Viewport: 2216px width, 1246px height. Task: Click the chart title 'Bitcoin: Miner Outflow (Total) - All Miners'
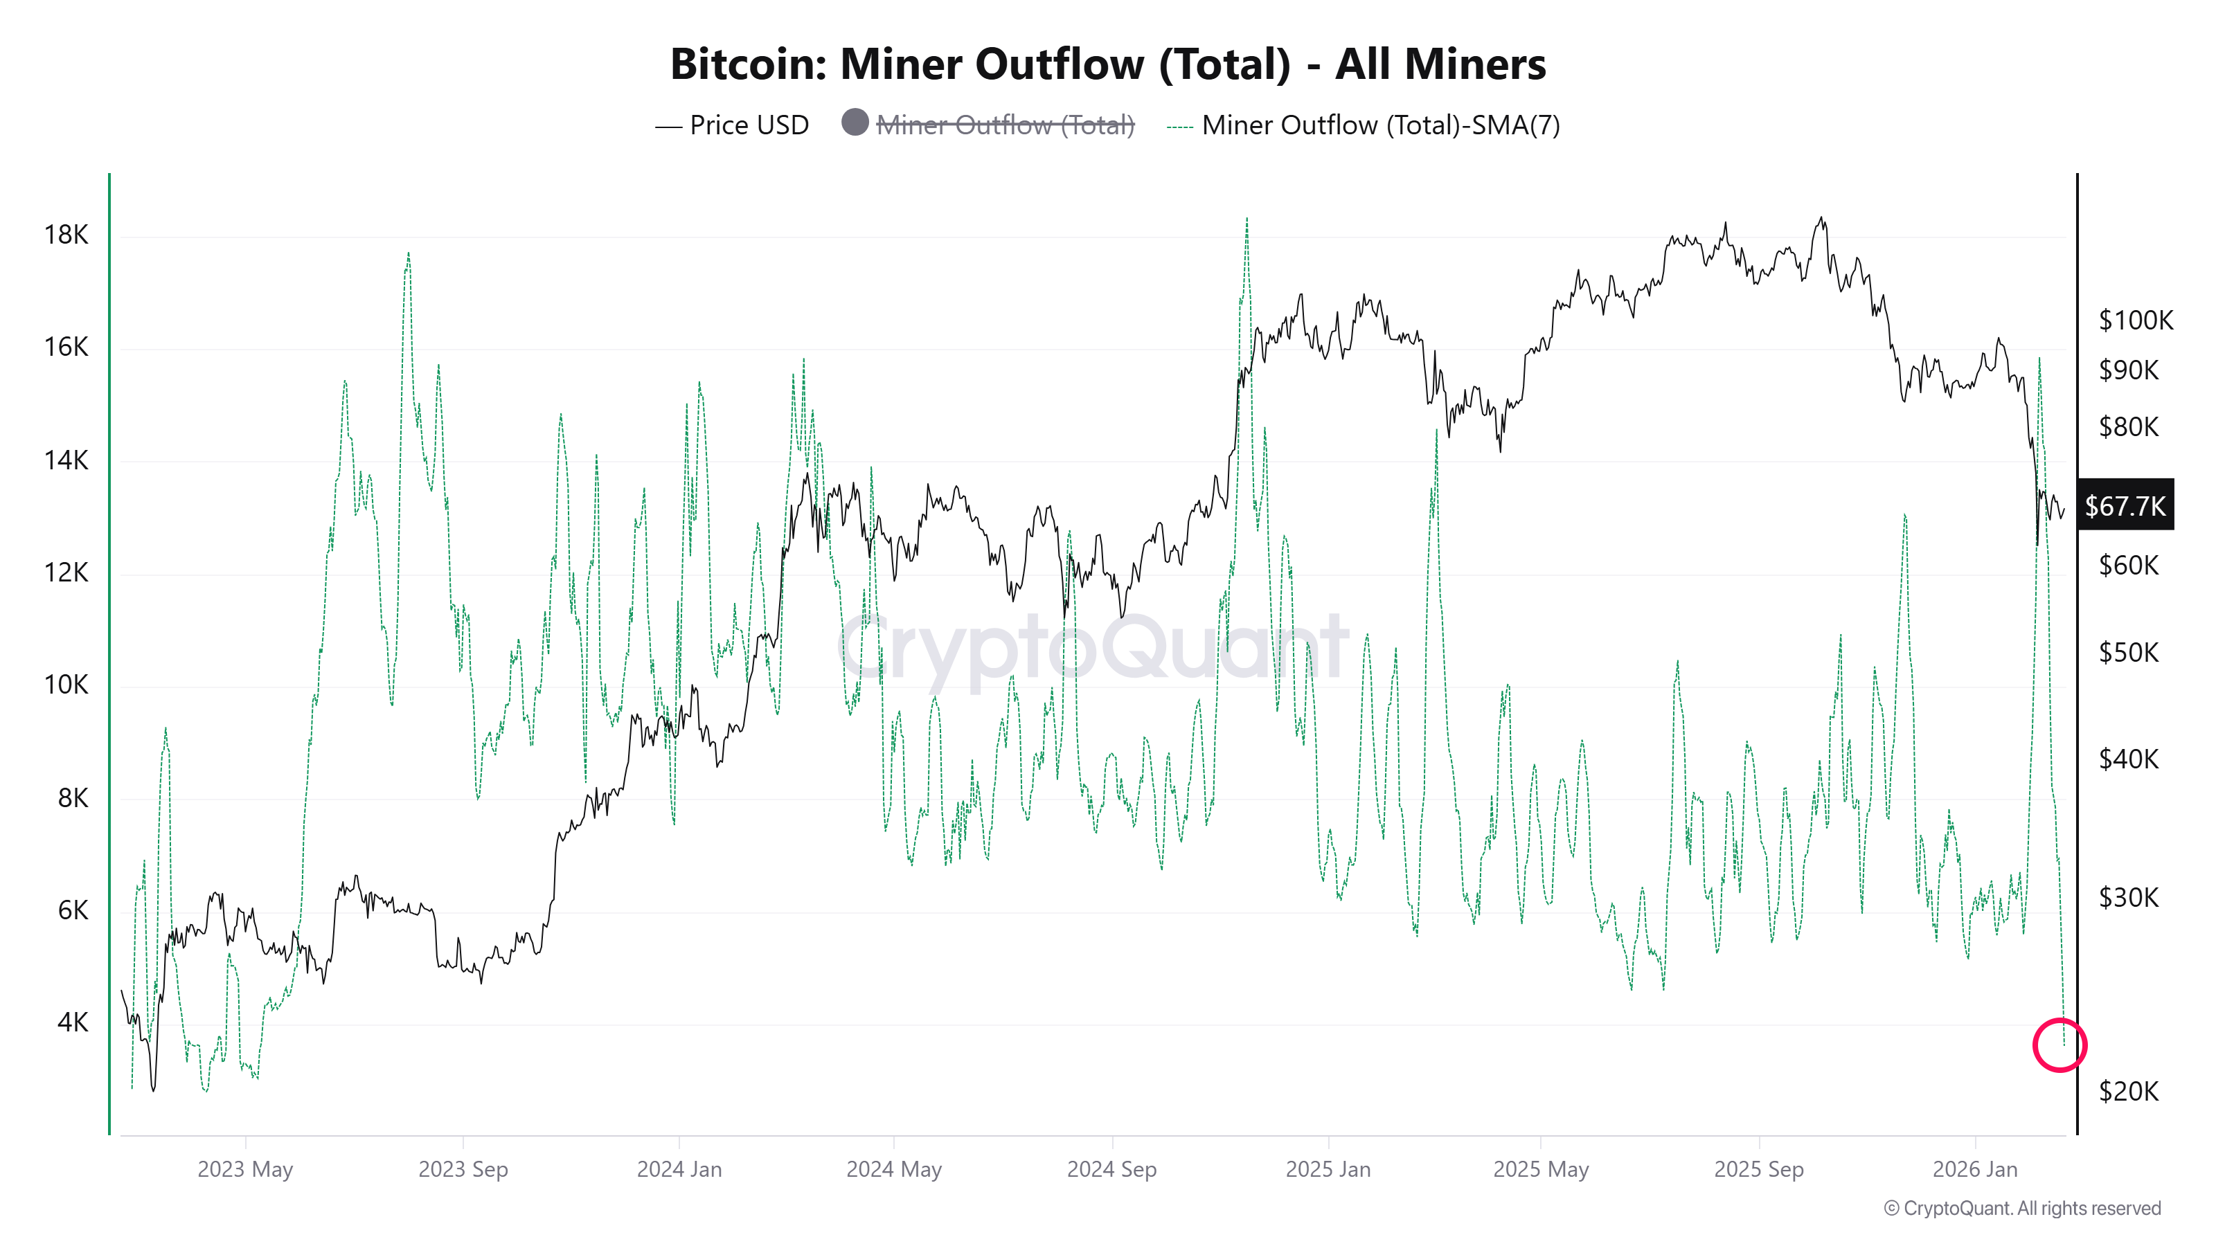(1107, 64)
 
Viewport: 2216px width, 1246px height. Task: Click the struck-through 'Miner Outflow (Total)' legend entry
(1004, 125)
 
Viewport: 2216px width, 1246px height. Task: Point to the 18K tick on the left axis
(66, 235)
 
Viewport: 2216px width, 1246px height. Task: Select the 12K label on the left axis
(66, 572)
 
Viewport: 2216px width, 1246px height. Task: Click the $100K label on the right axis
(2135, 320)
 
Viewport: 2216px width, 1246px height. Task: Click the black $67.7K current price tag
(2125, 505)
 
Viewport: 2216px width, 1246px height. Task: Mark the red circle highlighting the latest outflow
(2059, 1045)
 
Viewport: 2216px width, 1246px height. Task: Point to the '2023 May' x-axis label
(245, 1169)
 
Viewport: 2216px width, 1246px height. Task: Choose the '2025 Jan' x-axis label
(1328, 1169)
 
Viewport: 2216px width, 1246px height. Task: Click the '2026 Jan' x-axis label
(1974, 1169)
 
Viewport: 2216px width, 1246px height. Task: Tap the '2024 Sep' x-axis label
(1111, 1169)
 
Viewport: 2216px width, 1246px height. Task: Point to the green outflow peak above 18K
(1246, 222)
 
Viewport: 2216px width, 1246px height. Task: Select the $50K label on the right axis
(2128, 653)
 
